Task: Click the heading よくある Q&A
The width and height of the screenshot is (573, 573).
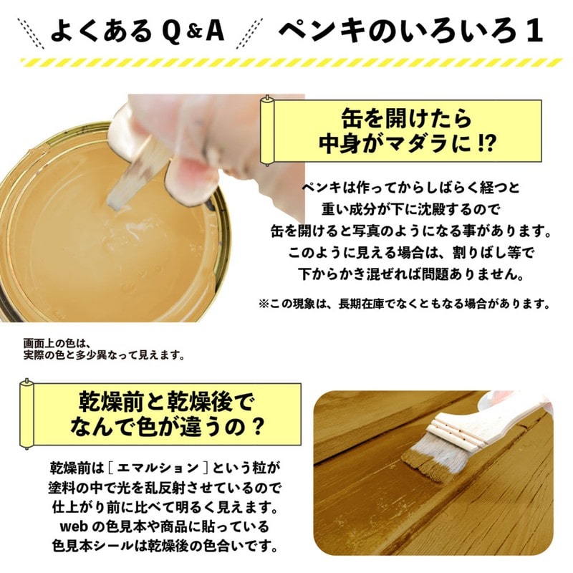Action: (x=137, y=31)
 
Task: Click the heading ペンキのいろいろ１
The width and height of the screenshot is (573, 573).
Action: (x=410, y=31)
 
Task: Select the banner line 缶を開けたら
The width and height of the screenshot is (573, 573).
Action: (x=406, y=119)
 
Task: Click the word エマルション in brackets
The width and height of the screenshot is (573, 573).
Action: (x=158, y=468)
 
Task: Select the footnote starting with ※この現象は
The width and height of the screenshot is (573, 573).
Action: (x=404, y=304)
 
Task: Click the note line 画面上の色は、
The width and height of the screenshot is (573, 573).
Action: (x=57, y=344)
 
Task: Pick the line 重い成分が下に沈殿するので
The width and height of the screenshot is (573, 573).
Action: (x=410, y=210)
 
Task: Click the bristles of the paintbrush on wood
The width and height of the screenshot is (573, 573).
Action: (x=431, y=458)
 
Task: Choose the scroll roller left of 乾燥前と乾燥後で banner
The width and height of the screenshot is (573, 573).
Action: (x=27, y=414)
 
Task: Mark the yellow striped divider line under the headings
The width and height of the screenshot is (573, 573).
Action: (x=292, y=62)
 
